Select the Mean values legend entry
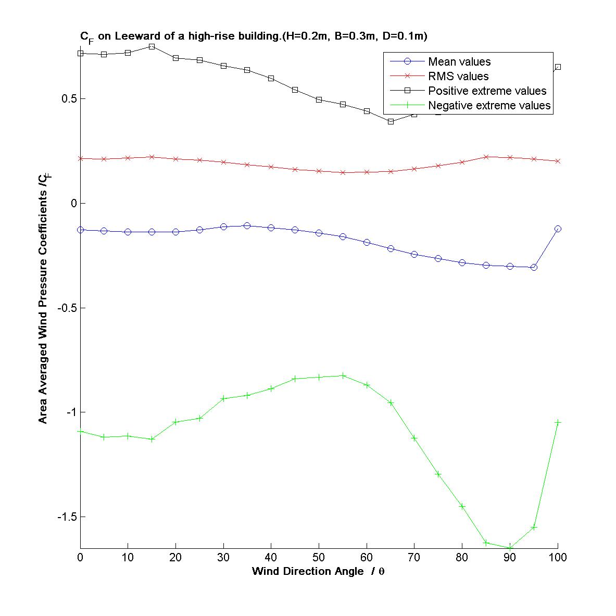pos(459,62)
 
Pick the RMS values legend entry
pos(458,77)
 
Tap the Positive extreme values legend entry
pos(487,91)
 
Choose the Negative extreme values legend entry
pos(489,106)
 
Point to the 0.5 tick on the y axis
pos(66,99)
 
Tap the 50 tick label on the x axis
pos(319,558)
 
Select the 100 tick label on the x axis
pos(558,558)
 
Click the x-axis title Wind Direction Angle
pos(318,571)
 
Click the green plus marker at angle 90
pos(510,547)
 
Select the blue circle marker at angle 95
pos(534,267)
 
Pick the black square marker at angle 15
pos(152,46)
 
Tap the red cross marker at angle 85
pos(486,157)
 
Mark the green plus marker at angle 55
pos(343,375)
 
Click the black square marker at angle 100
pos(558,67)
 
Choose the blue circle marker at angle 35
pos(247,225)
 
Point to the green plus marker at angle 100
pos(558,422)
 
